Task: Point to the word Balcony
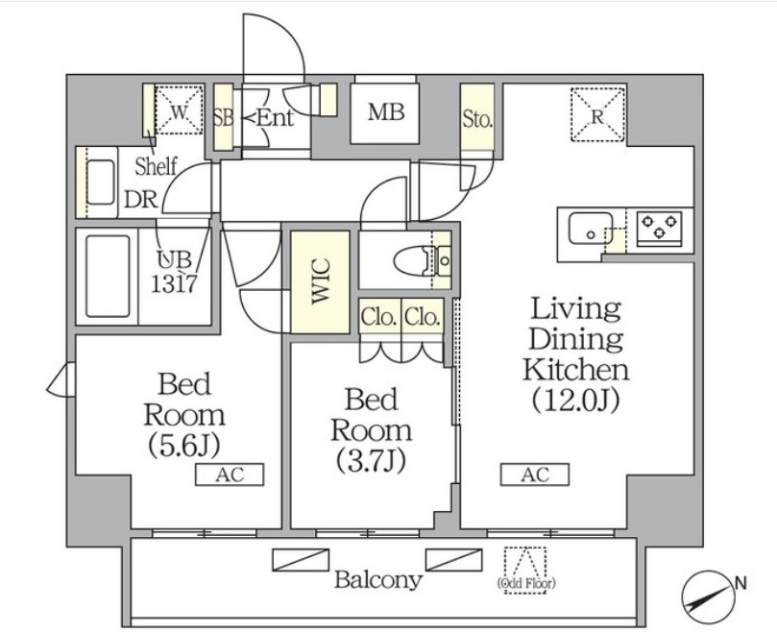click(377, 580)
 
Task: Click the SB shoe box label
click(223, 118)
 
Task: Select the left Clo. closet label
click(378, 317)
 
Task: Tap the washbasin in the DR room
click(100, 180)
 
